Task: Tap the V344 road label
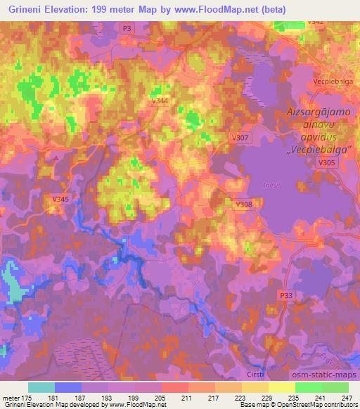tap(160, 101)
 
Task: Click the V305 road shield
tap(326, 162)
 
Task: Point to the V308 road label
tap(243, 204)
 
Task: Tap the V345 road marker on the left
tap(60, 200)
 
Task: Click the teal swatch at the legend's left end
tap(41, 387)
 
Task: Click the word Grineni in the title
tap(23, 8)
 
